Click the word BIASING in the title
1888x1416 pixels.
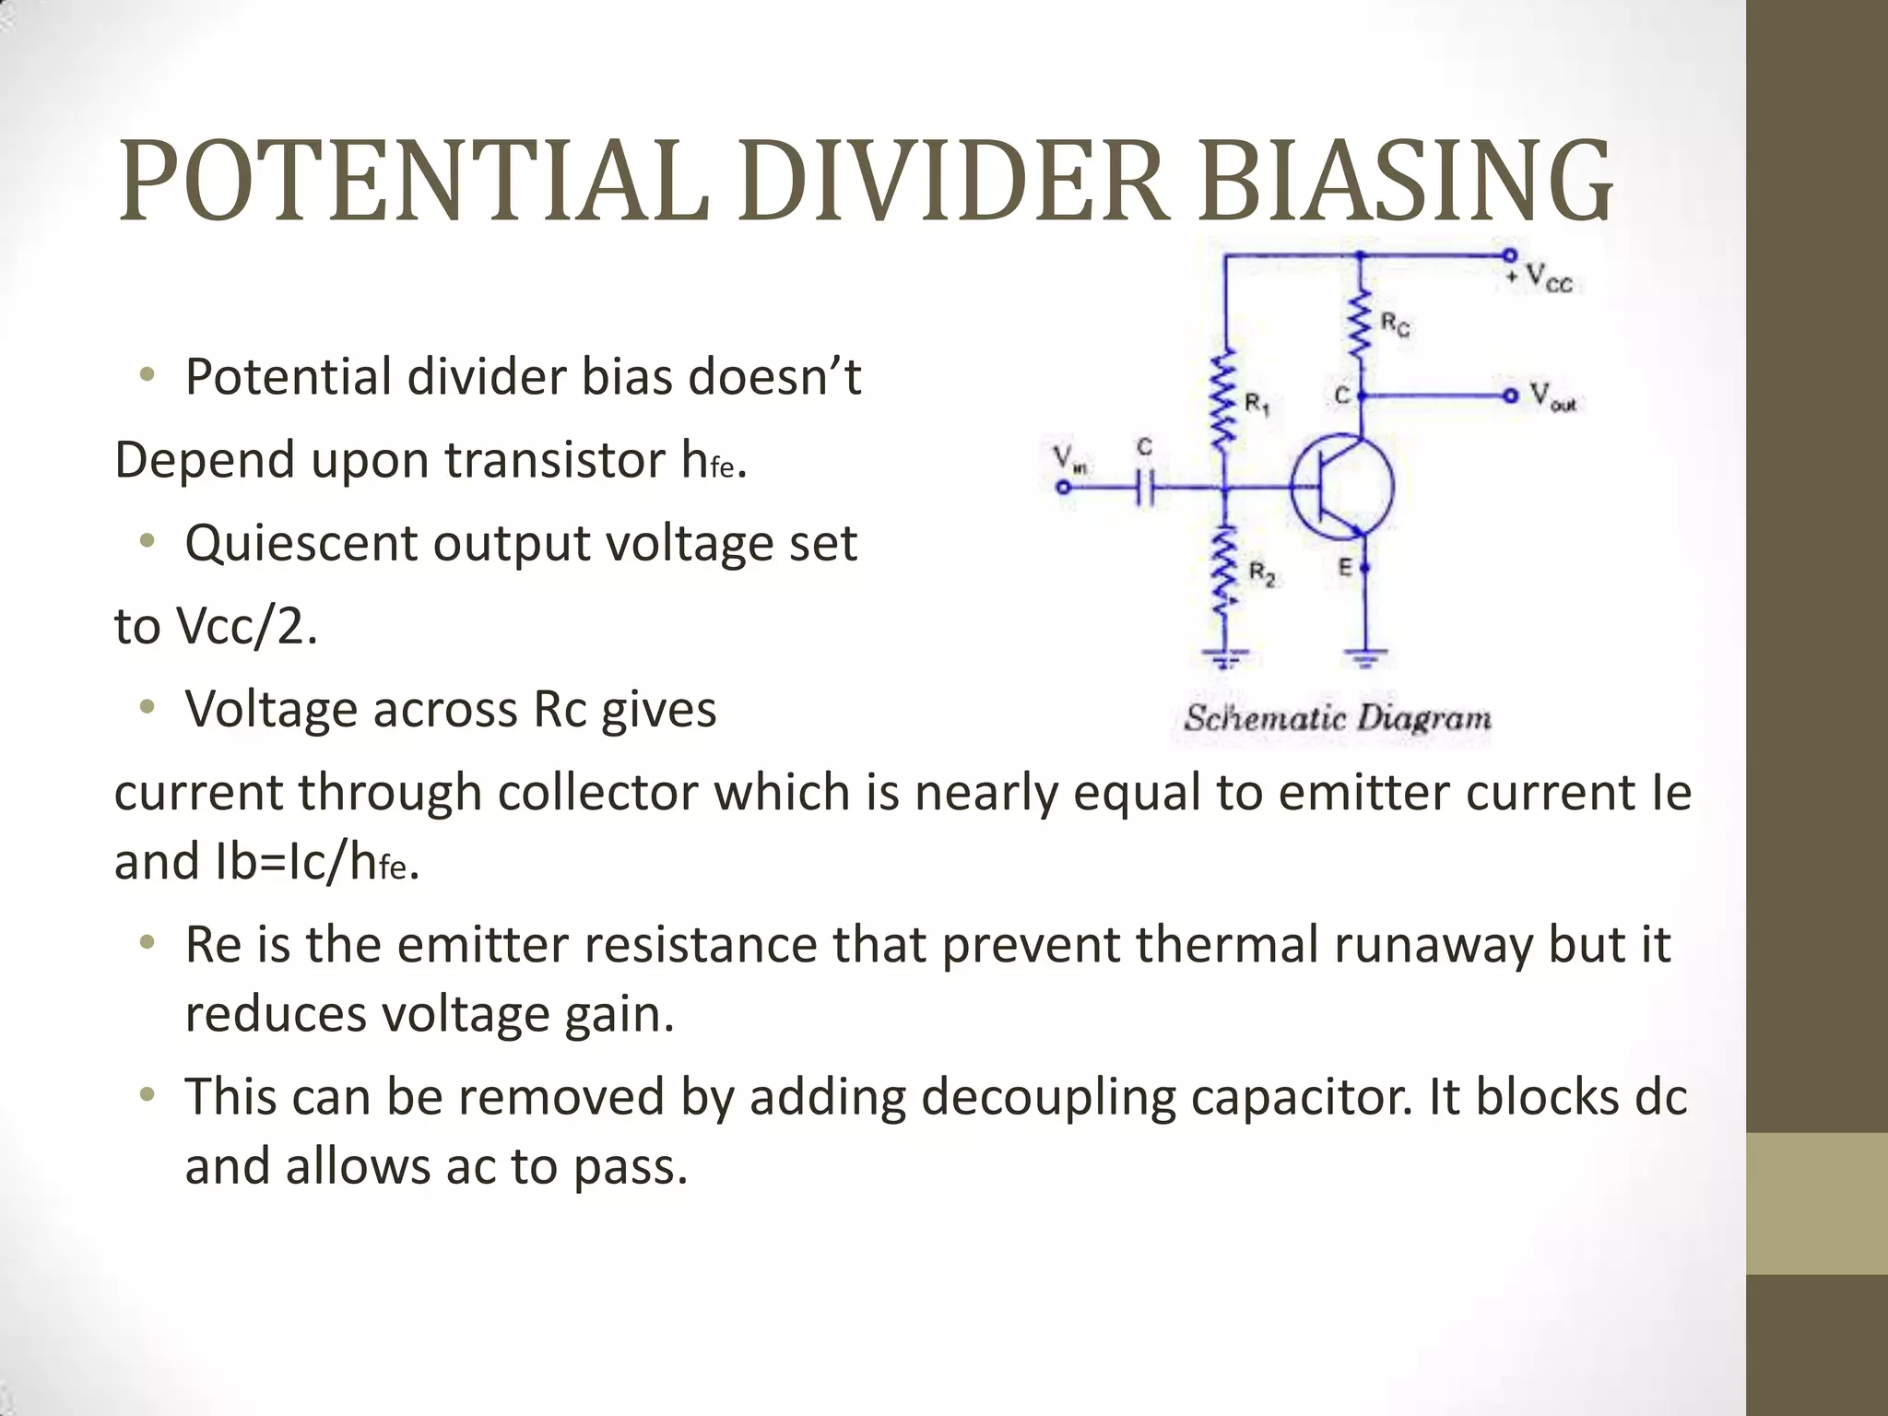[1405, 182]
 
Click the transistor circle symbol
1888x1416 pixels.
[1342, 487]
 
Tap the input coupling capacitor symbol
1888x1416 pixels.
[1144, 488]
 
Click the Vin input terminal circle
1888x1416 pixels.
[1064, 488]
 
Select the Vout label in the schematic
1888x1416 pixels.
[1553, 396]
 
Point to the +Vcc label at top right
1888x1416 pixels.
[1545, 276]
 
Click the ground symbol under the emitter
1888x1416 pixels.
[1364, 658]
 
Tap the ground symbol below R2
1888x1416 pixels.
[1225, 658]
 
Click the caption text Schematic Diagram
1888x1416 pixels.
[1338, 718]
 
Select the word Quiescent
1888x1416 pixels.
[301, 543]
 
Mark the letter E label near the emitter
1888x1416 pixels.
[1345, 567]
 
